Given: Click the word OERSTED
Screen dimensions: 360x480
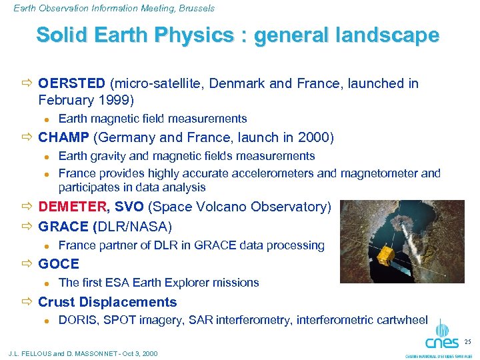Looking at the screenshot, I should click(71, 83).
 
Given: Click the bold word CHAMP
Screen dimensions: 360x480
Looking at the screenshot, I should click(64, 138).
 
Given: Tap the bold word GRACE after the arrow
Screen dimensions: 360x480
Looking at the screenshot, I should click(63, 226).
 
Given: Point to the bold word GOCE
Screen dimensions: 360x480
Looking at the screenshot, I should click(59, 264).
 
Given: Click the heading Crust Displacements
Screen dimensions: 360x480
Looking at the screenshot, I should click(107, 302).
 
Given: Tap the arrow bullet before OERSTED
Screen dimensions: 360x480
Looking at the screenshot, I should click(27, 84).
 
